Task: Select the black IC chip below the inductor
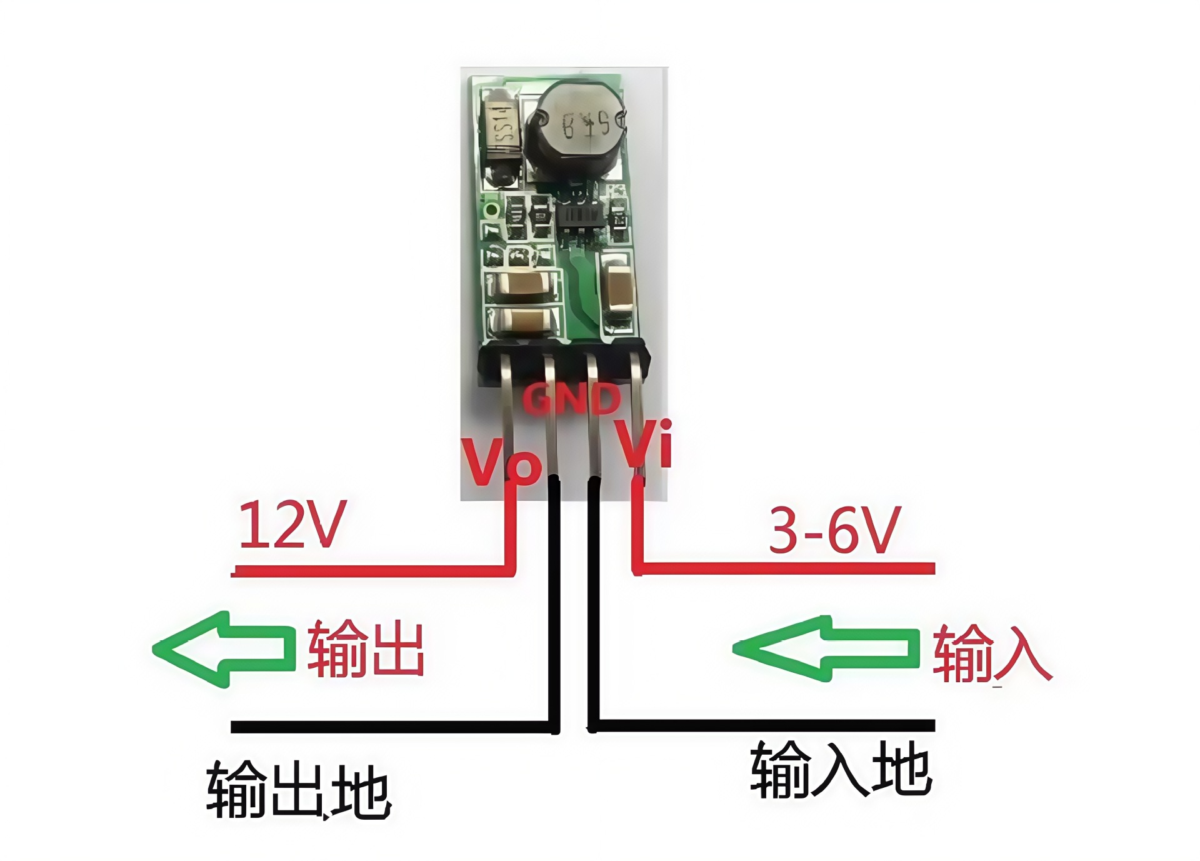coord(581,216)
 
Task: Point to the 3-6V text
coord(834,531)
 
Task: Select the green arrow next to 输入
coord(825,648)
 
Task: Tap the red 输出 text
coord(366,648)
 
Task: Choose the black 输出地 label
coord(299,790)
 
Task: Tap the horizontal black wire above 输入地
coord(762,726)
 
